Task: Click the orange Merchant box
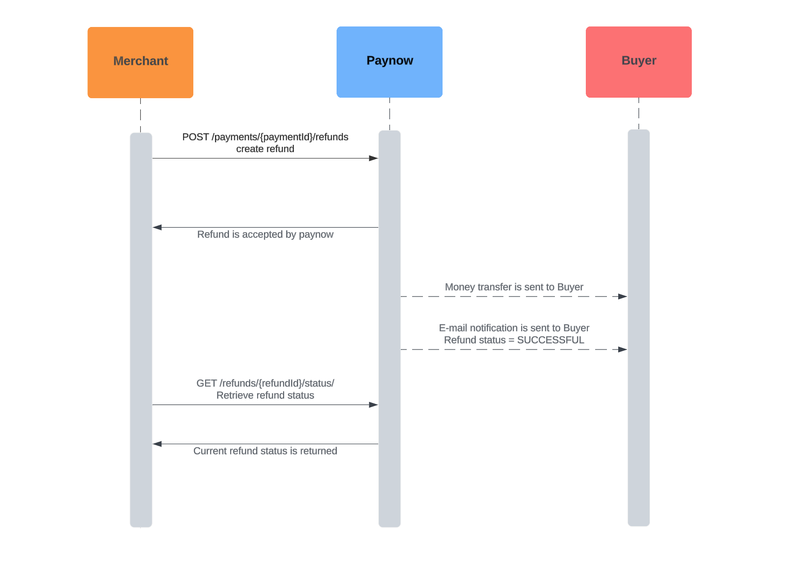coord(140,62)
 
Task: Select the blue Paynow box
coord(389,62)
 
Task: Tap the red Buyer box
coord(638,62)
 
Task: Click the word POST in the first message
coord(195,137)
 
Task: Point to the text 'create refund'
coord(265,149)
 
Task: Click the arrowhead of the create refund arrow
coord(373,158)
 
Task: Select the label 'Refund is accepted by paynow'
coord(265,235)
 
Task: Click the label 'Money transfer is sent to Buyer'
coord(514,287)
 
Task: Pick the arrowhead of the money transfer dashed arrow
coord(622,296)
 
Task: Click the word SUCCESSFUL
coord(550,340)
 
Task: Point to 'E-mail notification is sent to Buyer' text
coord(514,328)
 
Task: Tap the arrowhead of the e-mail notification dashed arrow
coord(622,349)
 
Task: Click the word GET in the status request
coord(206,383)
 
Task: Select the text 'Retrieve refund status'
coord(265,396)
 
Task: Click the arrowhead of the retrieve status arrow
coord(373,405)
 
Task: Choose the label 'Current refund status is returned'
coord(265,451)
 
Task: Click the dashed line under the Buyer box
coord(638,113)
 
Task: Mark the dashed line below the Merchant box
coord(140,115)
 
